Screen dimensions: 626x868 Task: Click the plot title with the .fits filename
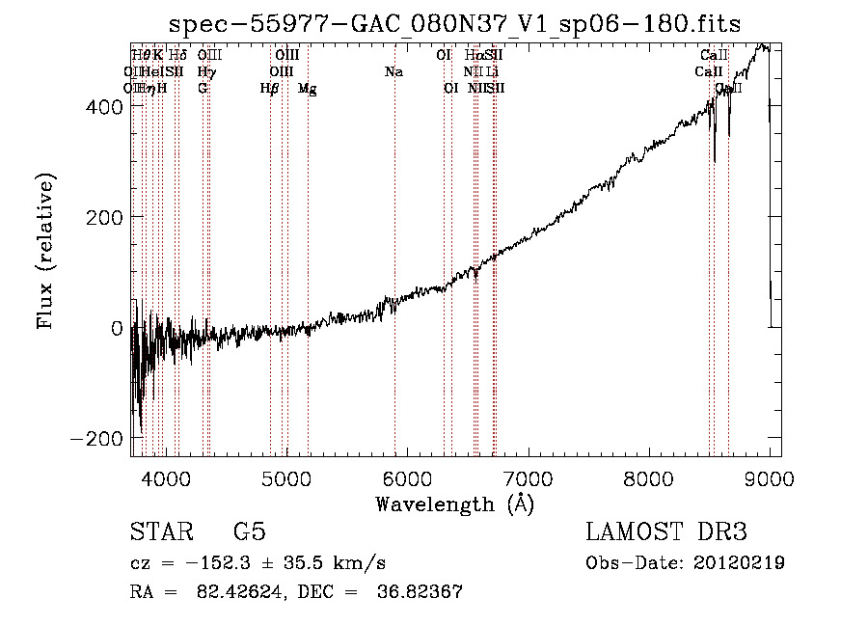[x=454, y=24]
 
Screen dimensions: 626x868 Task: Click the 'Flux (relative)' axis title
[x=46, y=252]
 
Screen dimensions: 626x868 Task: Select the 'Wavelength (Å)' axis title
[x=454, y=504]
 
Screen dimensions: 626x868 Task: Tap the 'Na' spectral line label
[x=393, y=72]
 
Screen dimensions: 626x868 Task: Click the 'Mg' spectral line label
[x=307, y=89]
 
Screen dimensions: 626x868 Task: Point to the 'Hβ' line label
[x=270, y=89]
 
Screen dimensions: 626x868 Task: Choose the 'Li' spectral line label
[x=492, y=72]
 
